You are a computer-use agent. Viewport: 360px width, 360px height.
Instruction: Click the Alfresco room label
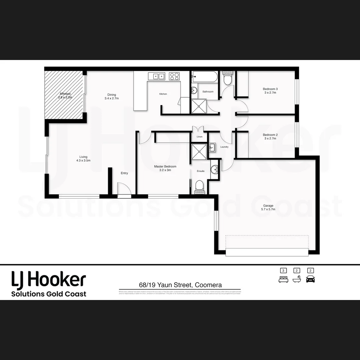coord(65,96)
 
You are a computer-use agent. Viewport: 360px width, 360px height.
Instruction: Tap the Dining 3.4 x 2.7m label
coord(112,96)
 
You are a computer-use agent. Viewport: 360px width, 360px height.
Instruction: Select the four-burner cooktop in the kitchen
coord(174,76)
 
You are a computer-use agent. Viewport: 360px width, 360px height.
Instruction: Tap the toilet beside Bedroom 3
coord(228,79)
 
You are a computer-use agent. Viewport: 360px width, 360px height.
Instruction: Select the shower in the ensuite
coord(199,152)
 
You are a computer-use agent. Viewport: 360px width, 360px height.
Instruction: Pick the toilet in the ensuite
coord(199,187)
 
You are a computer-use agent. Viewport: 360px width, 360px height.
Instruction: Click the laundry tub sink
coord(212,147)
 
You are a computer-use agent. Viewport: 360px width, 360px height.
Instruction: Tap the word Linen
coord(199,137)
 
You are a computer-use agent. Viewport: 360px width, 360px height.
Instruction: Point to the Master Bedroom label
coord(165,168)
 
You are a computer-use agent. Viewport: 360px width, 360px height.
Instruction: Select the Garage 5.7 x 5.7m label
coord(268,207)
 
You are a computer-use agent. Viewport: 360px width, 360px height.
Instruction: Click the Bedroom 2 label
coord(270,136)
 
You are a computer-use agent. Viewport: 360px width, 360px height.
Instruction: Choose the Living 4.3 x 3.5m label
coord(83,158)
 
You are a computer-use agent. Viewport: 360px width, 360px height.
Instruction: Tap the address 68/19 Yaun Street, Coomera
coord(180,285)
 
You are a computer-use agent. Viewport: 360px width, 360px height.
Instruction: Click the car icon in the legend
coord(310,279)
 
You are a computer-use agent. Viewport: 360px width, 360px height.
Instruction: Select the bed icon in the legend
coord(283,279)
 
